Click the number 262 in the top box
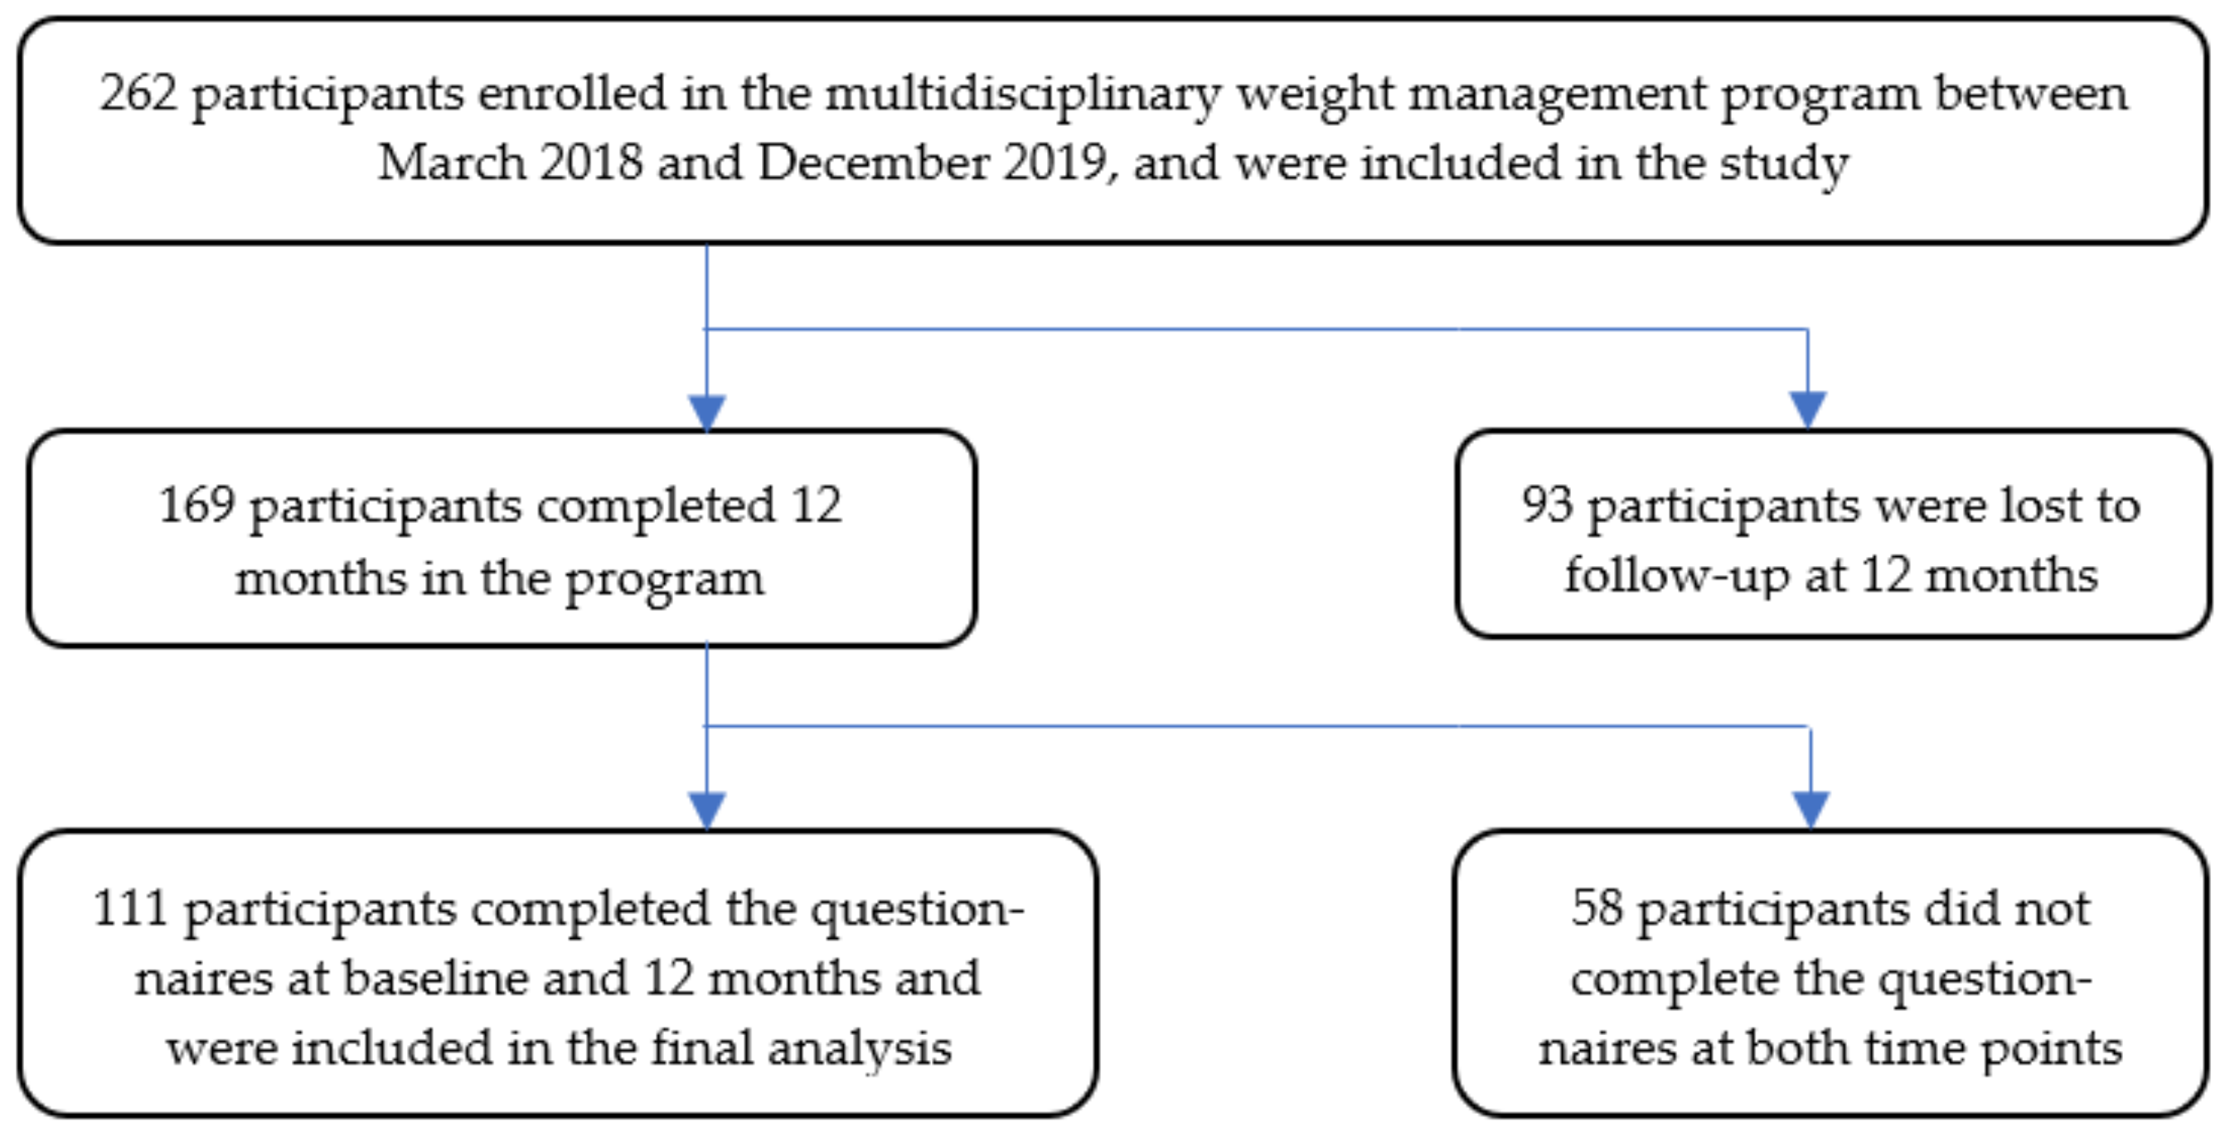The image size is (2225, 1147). tap(138, 94)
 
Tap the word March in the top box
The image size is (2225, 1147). tap(452, 162)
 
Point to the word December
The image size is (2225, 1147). tap(873, 162)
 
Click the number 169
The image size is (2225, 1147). tap(197, 506)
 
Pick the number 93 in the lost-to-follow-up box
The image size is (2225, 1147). tap(1547, 506)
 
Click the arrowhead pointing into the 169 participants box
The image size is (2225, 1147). tap(706, 412)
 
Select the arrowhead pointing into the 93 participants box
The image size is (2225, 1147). tap(1807, 409)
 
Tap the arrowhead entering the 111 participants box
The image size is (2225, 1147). tap(706, 810)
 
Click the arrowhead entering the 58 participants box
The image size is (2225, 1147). tap(1811, 810)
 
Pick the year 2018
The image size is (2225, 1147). tap(592, 162)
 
